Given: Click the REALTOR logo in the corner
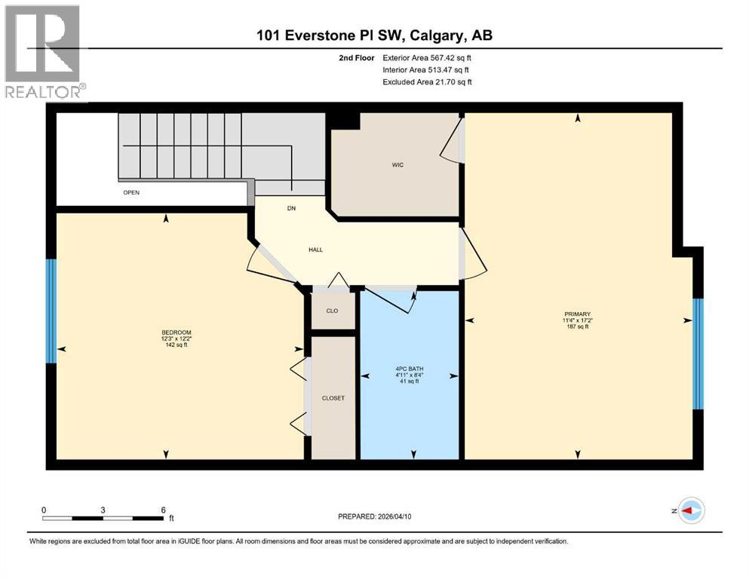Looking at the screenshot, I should tap(43, 51).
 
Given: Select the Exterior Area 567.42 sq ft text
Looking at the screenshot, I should tap(427, 57).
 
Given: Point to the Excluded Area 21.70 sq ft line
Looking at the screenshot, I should tap(427, 81).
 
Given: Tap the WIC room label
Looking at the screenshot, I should tap(398, 165).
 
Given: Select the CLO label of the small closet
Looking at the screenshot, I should tap(332, 311).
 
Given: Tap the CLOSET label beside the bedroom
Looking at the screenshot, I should tap(333, 398).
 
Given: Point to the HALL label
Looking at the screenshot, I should tap(315, 250).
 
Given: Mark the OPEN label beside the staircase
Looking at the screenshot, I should tap(132, 192).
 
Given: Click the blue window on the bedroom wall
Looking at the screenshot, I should tap(51, 311).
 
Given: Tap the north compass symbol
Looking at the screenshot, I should tap(690, 511).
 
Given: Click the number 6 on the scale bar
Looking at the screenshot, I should tap(163, 509).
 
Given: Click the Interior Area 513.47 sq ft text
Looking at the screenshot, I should tap(427, 69).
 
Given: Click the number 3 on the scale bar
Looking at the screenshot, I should tap(103, 509).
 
